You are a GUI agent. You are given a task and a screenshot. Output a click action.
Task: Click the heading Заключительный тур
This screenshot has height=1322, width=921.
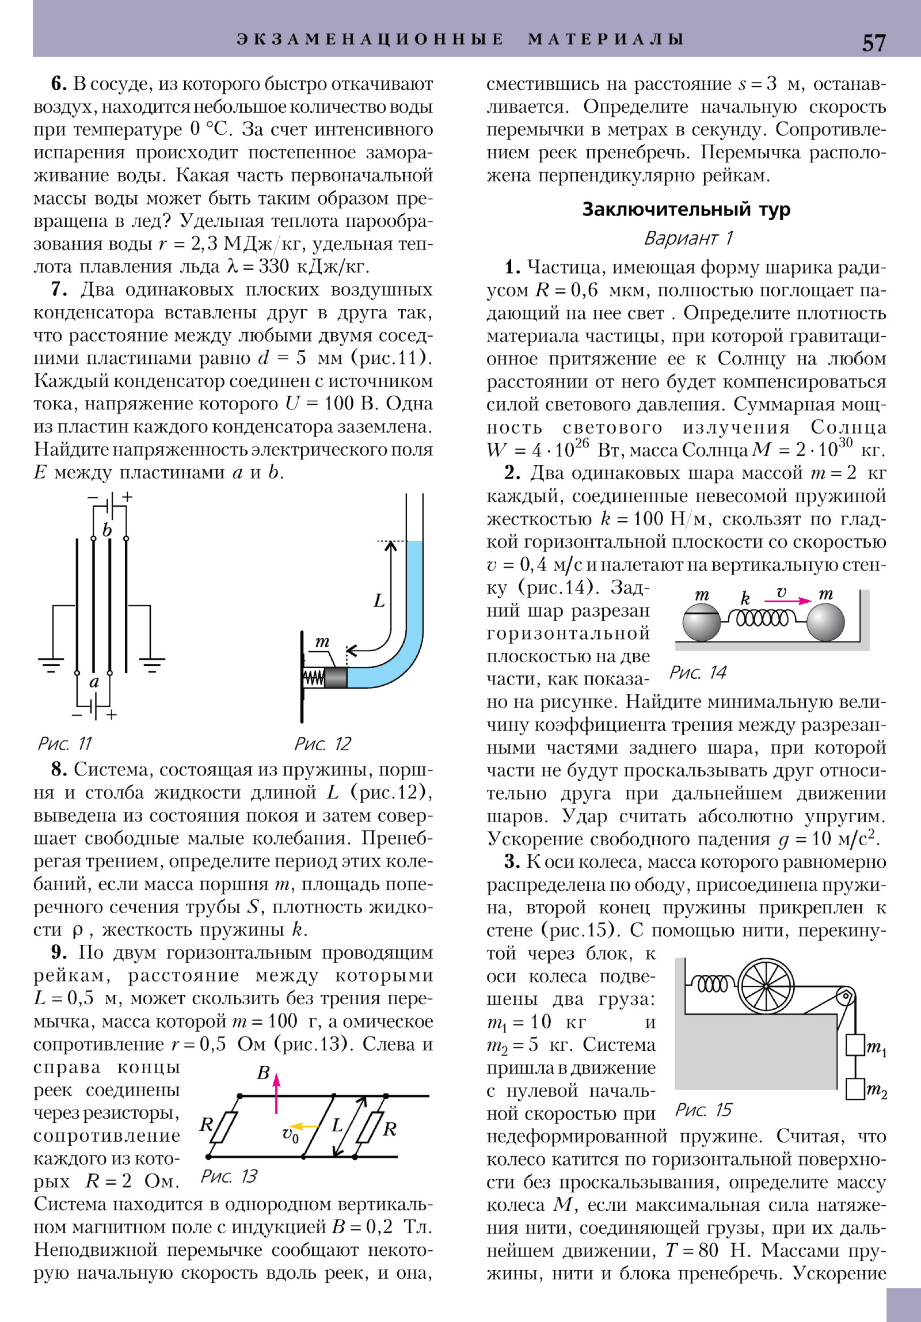[x=686, y=209]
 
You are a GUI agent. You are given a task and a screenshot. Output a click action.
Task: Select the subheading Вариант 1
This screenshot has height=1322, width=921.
[x=688, y=238]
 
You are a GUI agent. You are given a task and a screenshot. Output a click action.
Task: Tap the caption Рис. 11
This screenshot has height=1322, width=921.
[x=64, y=743]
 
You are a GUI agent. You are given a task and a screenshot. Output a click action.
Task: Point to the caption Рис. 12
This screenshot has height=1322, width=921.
[x=322, y=743]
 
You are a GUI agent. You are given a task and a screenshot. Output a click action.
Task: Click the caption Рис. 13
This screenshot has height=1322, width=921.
[x=229, y=1176]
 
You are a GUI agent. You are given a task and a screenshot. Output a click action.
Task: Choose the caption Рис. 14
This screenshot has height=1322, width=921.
[x=698, y=672]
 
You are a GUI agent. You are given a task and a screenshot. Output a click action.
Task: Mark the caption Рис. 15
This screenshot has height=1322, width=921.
[x=703, y=1110]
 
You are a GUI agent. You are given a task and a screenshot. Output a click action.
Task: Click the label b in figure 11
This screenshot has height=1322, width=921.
[x=107, y=530]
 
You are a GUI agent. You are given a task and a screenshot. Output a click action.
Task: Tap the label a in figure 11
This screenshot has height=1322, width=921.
[x=94, y=682]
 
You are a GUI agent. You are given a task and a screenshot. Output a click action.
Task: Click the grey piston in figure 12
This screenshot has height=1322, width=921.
[x=336, y=677]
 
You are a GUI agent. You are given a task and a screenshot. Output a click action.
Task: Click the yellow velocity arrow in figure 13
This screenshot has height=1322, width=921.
[x=304, y=1126]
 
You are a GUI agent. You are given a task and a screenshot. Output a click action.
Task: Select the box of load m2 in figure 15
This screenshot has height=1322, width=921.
[x=855, y=1089]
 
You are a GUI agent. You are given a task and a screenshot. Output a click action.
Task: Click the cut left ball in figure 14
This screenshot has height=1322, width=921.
[x=701, y=622]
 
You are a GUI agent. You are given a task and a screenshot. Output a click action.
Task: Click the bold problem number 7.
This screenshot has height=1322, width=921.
[x=59, y=289]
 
